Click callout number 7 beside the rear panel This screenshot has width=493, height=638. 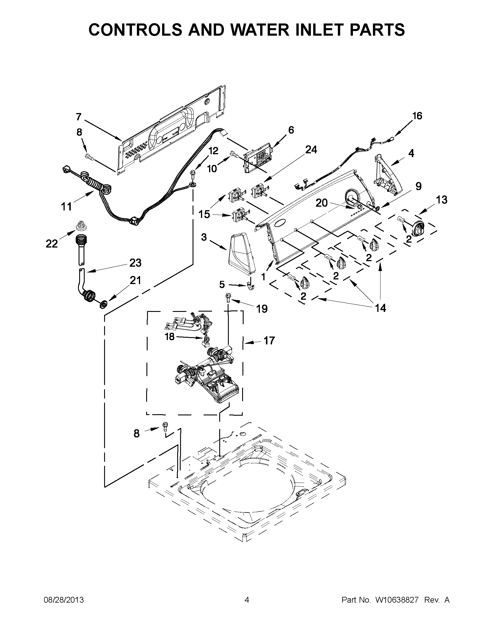(78, 117)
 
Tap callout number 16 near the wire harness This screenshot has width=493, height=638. (417, 116)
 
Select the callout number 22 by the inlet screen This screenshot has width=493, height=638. (52, 243)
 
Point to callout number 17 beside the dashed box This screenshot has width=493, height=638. (269, 340)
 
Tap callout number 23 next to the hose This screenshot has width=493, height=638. (135, 263)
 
